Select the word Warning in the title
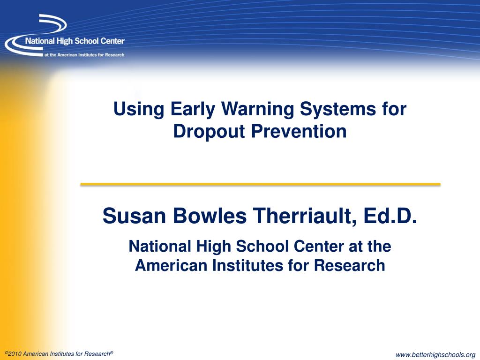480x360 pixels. coord(258,109)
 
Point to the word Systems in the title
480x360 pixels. coord(337,109)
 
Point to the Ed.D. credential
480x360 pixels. coord(392,216)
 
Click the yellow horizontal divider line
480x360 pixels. coord(260,185)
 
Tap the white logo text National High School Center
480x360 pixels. coord(75,41)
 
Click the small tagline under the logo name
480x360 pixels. coord(84,55)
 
